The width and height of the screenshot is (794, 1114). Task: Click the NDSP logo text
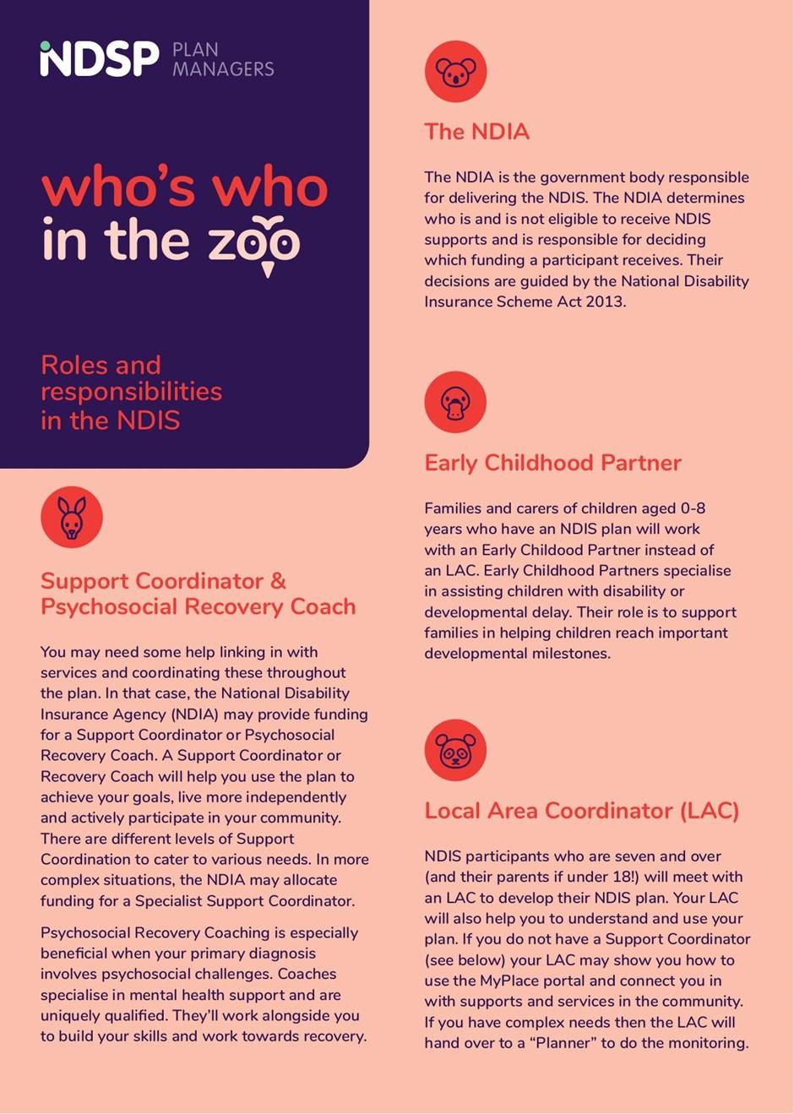click(100, 58)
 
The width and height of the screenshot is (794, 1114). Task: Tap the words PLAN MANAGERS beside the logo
click(223, 59)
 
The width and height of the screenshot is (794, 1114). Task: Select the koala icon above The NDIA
click(456, 71)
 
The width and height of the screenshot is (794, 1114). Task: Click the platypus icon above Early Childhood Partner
click(456, 402)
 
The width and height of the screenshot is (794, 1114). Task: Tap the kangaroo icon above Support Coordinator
click(72, 517)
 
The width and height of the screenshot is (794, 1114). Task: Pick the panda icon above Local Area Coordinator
click(456, 750)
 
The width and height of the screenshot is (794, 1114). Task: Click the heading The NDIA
click(477, 132)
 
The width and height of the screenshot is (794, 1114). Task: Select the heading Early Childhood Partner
click(552, 463)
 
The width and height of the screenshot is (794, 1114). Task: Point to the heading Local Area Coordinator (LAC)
click(582, 811)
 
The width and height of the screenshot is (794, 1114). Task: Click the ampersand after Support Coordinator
click(278, 581)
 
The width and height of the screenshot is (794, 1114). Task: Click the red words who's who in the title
click(184, 187)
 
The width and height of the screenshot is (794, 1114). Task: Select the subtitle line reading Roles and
click(101, 365)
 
